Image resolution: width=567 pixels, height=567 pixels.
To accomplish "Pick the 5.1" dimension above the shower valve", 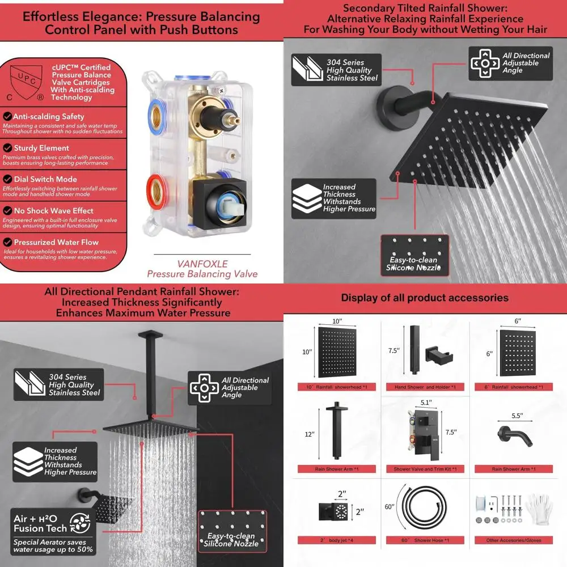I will pos(426,402).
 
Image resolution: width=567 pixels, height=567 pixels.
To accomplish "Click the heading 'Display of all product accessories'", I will pos(425,298).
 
